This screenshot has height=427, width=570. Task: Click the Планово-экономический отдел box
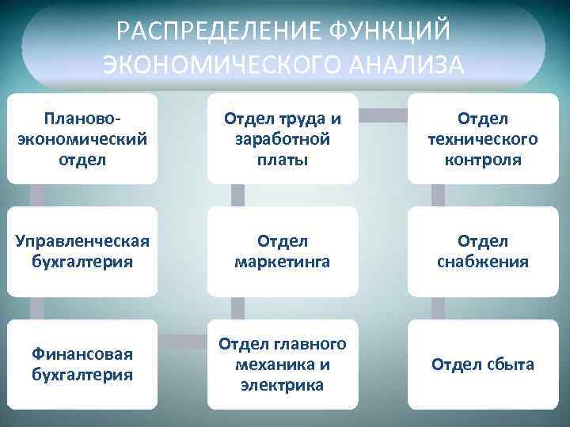(82, 138)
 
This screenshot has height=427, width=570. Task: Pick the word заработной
(283, 138)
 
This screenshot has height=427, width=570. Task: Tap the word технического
(483, 138)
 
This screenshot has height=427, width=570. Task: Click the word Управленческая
(82, 240)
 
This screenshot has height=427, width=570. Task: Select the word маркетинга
(283, 261)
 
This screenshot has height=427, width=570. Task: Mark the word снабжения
(483, 261)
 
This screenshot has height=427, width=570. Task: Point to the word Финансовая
(82, 353)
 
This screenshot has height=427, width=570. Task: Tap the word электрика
(283, 384)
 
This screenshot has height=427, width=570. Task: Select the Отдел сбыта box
(483, 364)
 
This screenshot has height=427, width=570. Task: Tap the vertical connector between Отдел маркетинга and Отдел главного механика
(236, 308)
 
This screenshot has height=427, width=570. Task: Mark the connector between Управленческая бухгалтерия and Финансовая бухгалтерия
(35, 308)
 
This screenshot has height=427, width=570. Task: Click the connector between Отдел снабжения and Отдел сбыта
(436, 308)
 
